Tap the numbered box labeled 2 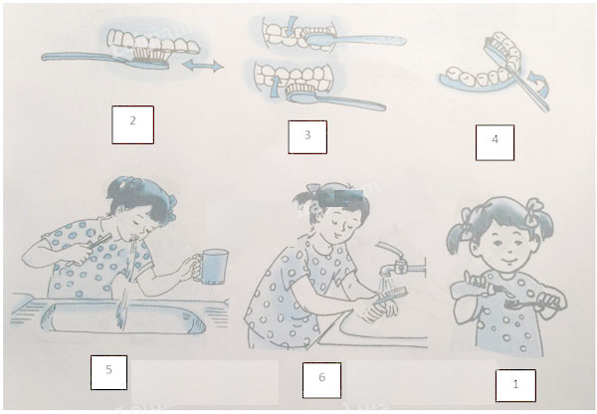pos(133,123)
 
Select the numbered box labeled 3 pos(307,136)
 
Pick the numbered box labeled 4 pos(495,142)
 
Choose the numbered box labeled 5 pos(108,372)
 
